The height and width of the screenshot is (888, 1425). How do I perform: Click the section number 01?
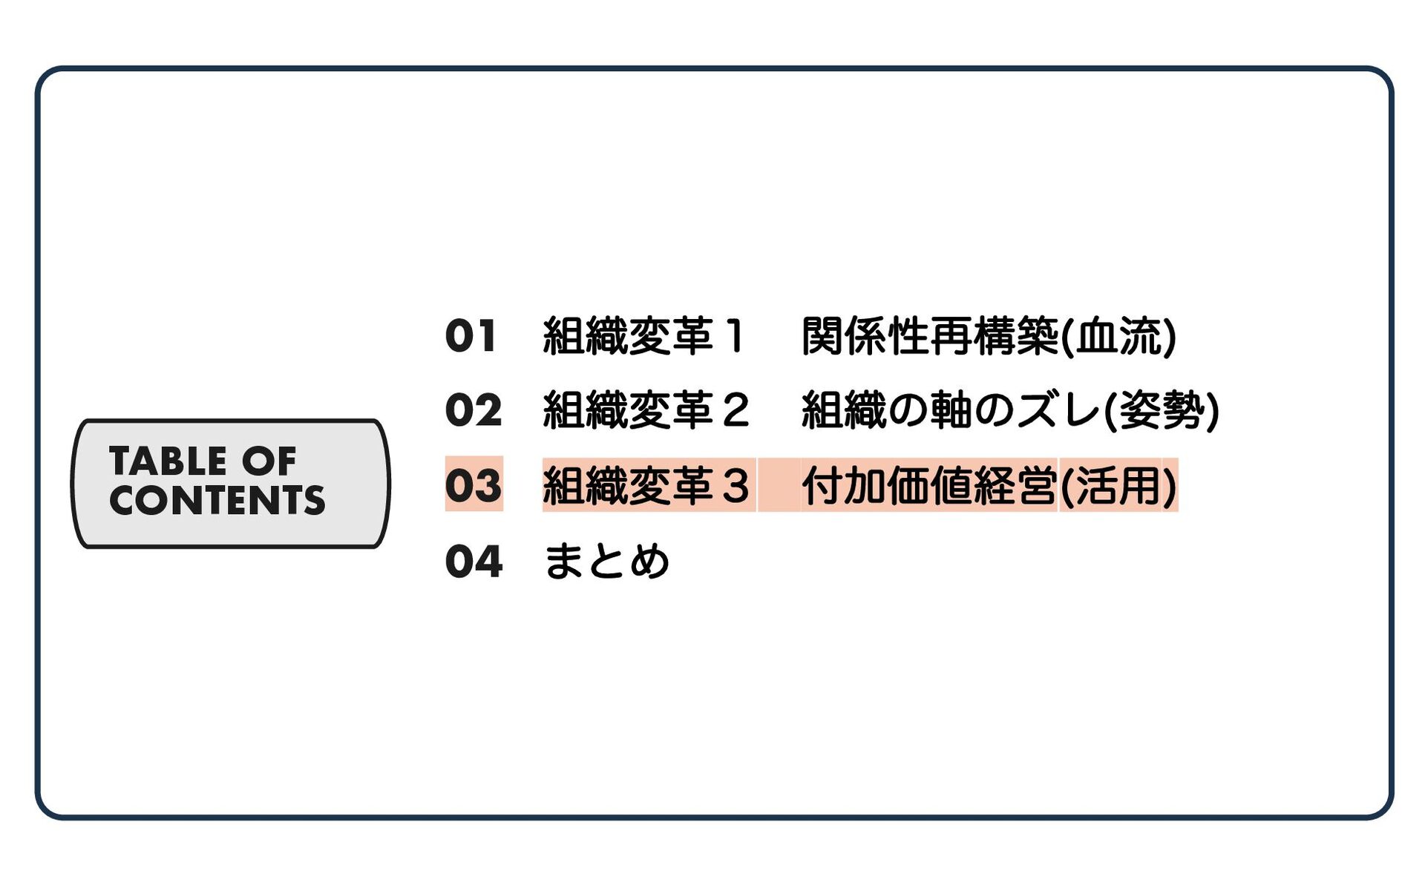471,336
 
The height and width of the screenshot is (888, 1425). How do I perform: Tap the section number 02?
474,410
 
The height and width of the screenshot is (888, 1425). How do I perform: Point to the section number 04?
474,562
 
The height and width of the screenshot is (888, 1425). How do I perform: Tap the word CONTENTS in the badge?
217,500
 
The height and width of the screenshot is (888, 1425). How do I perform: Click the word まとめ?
606,562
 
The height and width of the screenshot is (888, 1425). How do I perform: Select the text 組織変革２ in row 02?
646,410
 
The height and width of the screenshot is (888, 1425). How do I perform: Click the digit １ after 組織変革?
735,336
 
